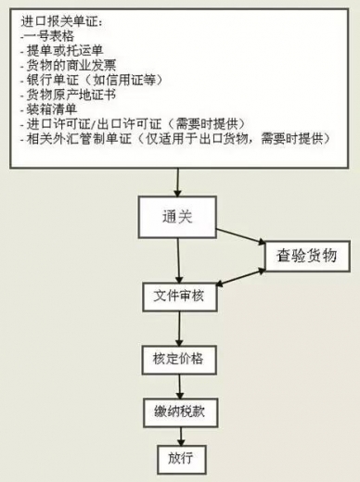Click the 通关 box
[x=177, y=217]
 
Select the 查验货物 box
[x=307, y=256]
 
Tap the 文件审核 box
[x=179, y=297]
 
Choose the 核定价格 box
[x=179, y=360]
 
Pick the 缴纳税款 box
[x=180, y=412]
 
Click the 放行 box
[x=181, y=460]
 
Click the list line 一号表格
[x=47, y=36]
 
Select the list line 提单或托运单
[x=61, y=50]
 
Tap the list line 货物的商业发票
[x=69, y=65]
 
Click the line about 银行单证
[x=92, y=80]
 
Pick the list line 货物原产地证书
[x=69, y=95]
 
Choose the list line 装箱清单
[x=48, y=109]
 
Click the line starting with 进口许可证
[x=133, y=124]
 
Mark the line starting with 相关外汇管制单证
[x=175, y=138]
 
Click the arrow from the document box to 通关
[x=177, y=183]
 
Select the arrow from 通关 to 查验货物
[x=241, y=236]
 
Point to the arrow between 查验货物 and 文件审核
[x=241, y=277]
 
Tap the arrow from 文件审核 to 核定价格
[x=179, y=328]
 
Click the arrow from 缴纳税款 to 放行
[x=181, y=437]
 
